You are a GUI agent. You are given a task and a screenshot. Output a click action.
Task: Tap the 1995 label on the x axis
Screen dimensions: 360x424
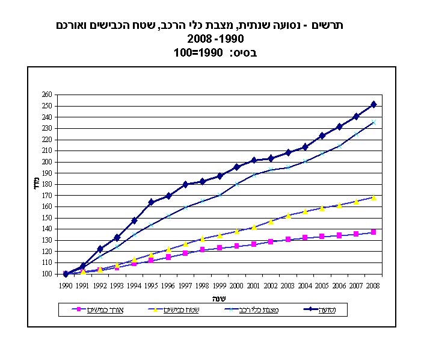[x=152, y=286]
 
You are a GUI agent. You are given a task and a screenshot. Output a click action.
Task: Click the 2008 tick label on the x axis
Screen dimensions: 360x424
[x=373, y=286]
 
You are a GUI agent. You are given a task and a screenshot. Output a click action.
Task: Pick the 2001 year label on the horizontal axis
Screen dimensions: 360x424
[x=254, y=286]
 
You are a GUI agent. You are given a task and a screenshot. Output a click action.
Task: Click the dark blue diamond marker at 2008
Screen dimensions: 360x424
[x=373, y=105]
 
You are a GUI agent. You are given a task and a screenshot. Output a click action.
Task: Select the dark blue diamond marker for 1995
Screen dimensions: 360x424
[x=152, y=202]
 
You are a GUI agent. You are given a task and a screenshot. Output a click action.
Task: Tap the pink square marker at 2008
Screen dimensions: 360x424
[x=373, y=232]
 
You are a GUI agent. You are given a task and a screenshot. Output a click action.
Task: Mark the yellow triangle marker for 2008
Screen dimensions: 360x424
[x=373, y=197]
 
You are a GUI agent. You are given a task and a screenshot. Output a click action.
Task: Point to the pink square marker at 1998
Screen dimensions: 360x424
[x=203, y=249]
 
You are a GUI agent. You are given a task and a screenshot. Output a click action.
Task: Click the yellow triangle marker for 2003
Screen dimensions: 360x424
[x=288, y=216]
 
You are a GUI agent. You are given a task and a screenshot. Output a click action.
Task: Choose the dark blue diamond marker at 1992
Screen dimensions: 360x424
[x=100, y=249]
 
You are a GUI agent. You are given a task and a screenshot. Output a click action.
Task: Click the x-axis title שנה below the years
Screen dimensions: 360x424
[x=219, y=298]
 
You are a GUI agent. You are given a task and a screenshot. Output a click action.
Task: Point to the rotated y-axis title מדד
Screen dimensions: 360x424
[x=35, y=184]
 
